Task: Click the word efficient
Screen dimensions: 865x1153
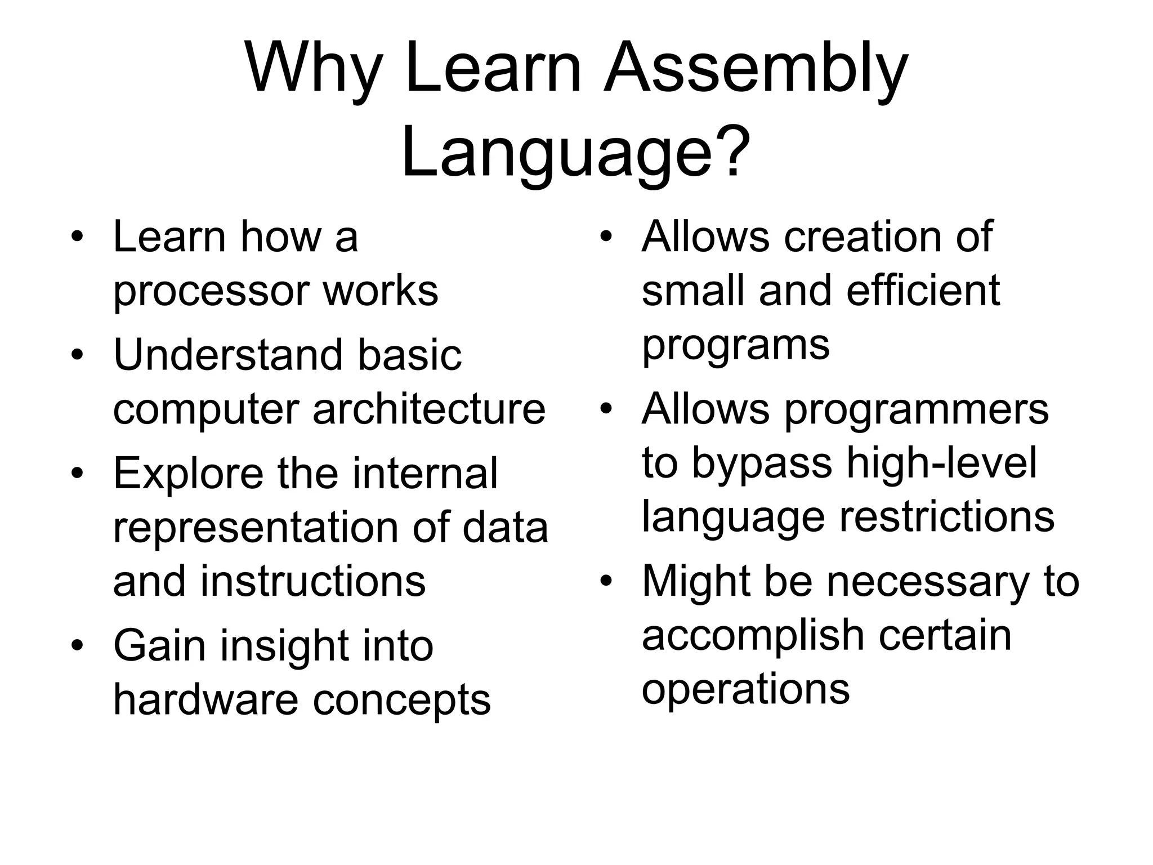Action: coord(923,291)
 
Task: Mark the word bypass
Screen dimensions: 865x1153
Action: coord(761,463)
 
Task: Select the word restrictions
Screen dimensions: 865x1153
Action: coord(947,516)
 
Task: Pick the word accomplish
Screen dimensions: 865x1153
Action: coord(753,635)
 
